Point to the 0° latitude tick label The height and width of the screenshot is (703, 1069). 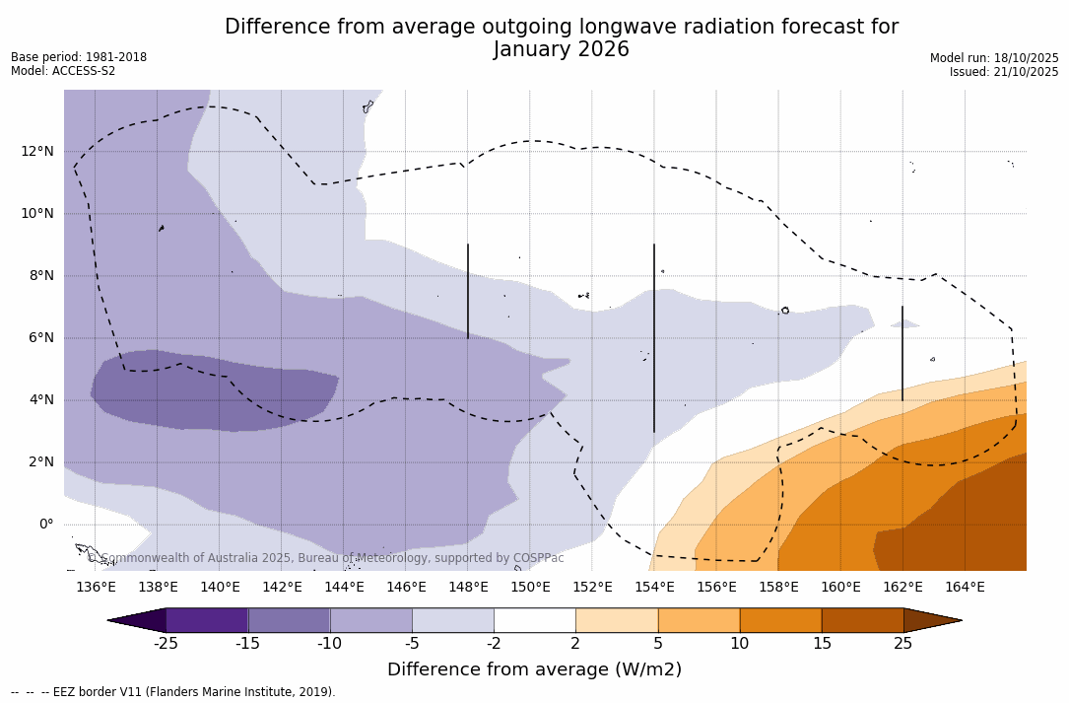pos(45,524)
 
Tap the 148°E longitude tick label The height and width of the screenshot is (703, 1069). pos(468,588)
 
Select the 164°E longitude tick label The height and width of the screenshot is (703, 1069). pos(965,588)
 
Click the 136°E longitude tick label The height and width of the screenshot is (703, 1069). pos(96,588)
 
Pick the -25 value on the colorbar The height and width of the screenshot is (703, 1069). pos(166,644)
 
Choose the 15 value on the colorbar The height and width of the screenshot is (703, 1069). pos(821,644)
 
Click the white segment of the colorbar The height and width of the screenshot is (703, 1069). pos(534,620)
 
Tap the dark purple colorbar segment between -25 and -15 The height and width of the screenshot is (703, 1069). pos(207,620)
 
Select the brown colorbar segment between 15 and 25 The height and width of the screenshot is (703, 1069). pos(862,620)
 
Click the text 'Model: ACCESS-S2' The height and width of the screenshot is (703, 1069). pos(63,71)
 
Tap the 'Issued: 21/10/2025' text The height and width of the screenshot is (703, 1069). pos(1004,72)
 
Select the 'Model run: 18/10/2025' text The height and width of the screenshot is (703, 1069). pos(994,58)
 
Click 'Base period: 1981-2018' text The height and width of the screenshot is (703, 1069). pos(79,57)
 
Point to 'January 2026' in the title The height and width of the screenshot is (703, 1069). pos(562,50)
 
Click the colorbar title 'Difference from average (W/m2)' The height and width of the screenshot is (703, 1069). pos(534,669)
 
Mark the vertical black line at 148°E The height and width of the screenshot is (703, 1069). pos(468,291)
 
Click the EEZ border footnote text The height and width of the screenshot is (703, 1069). pos(173,692)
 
